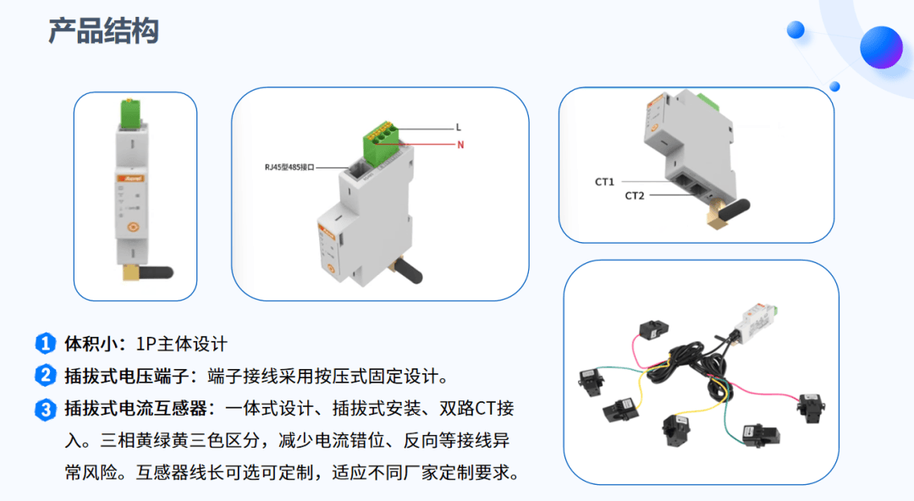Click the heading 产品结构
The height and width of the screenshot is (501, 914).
[x=103, y=31]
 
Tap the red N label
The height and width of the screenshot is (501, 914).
[x=460, y=145]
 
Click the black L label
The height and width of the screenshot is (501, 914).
[x=459, y=127]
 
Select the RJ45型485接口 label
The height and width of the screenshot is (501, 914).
[x=289, y=168]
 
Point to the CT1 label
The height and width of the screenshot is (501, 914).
[x=604, y=182]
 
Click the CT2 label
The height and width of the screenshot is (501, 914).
[x=635, y=196]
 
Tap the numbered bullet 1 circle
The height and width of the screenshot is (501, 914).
[x=46, y=344]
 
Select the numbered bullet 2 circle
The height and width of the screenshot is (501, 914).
[x=46, y=376]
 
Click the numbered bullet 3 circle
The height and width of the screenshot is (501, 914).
[x=46, y=410]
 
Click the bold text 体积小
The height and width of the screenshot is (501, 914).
[x=91, y=344]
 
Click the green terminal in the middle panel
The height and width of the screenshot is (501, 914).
[x=381, y=142]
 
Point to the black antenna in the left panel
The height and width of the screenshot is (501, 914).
[x=156, y=272]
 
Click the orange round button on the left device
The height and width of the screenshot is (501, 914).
[x=133, y=227]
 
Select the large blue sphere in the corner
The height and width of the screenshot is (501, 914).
[x=881, y=47]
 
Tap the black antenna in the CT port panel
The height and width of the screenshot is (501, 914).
[x=735, y=209]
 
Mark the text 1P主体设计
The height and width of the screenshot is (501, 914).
[x=181, y=344]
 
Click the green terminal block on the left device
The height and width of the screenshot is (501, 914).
[x=130, y=113]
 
